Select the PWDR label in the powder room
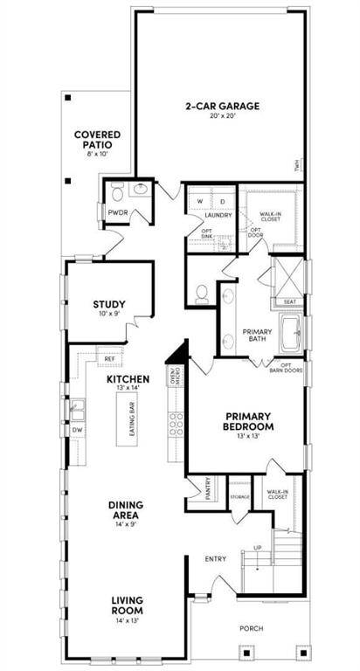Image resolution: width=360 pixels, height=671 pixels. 118,212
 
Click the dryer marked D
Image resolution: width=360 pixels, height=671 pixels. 222,201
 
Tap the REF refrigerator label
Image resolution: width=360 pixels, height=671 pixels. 110,358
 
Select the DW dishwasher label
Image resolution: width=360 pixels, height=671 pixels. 77,430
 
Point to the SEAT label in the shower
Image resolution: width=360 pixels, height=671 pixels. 290,301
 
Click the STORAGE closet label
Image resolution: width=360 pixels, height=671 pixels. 239,497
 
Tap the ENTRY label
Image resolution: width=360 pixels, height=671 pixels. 216,558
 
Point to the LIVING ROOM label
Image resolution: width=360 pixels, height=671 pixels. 128,605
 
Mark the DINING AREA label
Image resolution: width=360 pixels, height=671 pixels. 128,509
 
